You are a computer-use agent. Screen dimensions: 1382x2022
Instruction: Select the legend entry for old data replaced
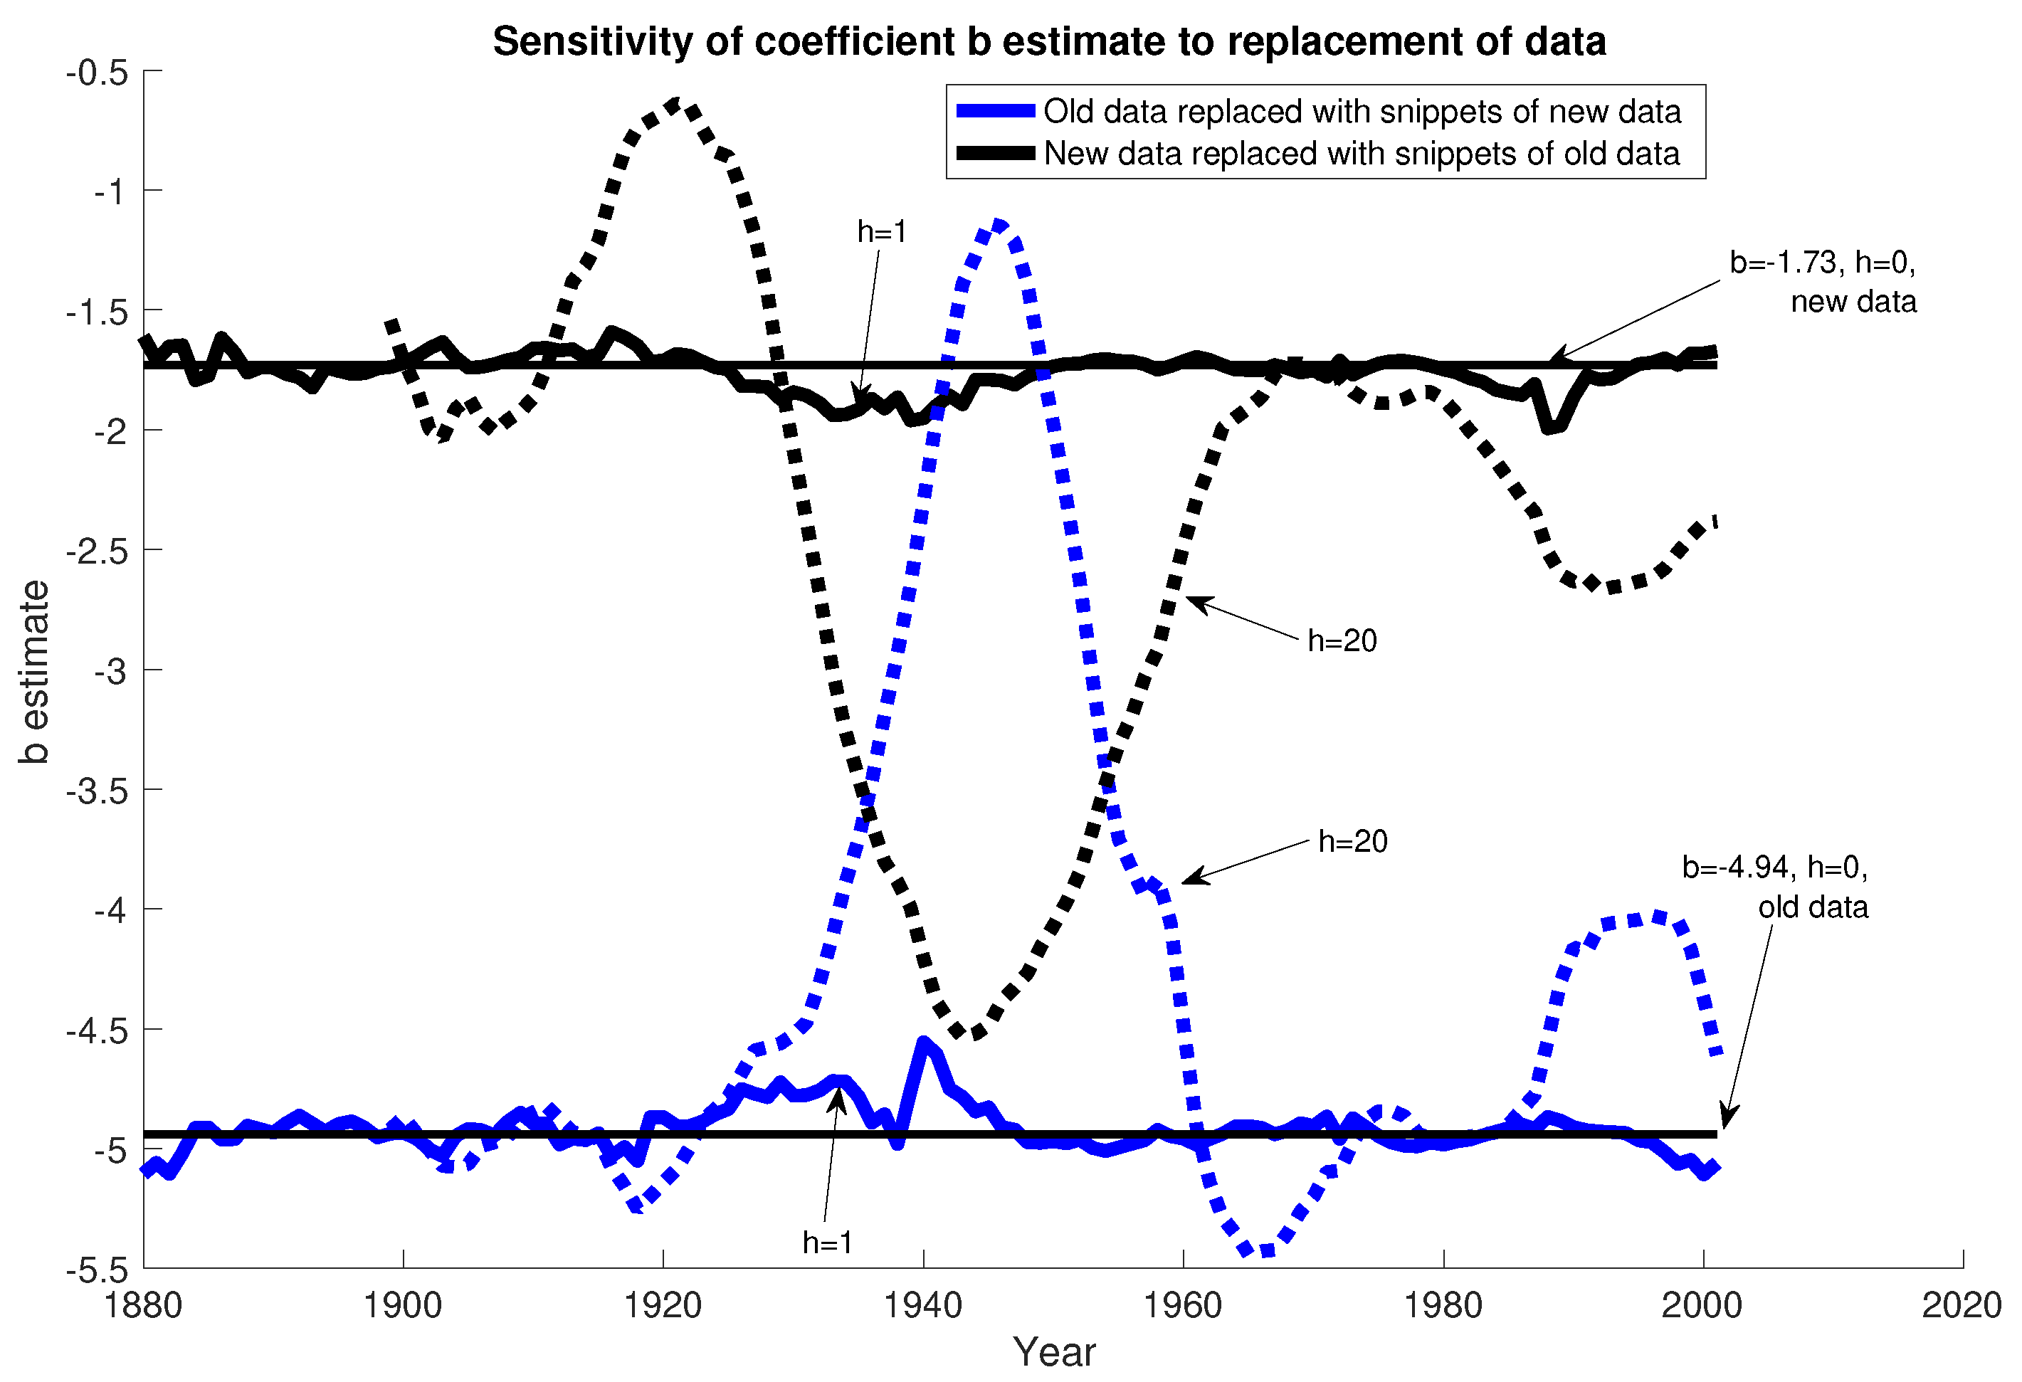[x=1361, y=111]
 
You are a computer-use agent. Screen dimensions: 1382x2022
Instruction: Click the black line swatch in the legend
[x=994, y=153]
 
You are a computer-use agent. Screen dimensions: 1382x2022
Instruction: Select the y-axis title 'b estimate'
[x=35, y=672]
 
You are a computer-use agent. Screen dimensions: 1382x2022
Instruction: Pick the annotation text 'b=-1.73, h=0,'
[x=1822, y=262]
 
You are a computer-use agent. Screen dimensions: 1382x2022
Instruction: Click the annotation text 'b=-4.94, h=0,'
[x=1774, y=867]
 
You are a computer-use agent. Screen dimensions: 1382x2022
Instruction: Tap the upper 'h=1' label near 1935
[x=881, y=231]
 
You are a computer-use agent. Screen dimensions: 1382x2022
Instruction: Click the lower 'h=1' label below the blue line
[x=826, y=1242]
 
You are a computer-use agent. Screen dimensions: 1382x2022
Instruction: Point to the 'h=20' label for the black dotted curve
[x=1342, y=641]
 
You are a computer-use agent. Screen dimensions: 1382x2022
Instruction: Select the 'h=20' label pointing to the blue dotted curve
[x=1352, y=841]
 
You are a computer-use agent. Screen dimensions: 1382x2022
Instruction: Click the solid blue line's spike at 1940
[x=923, y=1042]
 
